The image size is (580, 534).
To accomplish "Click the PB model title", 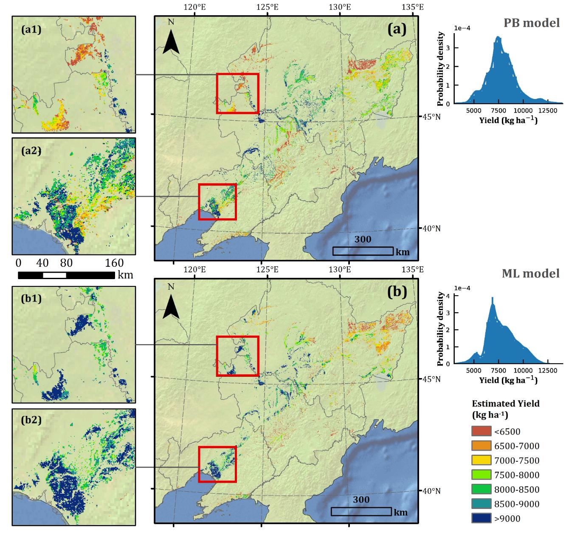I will (532, 23).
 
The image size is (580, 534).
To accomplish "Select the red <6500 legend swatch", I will (481, 431).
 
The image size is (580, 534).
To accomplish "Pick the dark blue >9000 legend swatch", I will (481, 518).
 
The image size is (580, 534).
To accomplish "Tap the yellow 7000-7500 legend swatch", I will (481, 460).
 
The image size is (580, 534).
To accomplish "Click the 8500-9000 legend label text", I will (517, 504).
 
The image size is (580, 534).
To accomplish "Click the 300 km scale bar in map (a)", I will (363, 251).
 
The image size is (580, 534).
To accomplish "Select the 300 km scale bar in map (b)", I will (361, 511).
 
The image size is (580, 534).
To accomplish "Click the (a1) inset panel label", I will (31, 30).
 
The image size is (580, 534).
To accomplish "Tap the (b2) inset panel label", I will (31, 420).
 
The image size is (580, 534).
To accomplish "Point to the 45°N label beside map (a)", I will (430, 116).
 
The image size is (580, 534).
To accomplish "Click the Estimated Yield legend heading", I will (505, 408).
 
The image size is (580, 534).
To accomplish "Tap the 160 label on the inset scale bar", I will (114, 263).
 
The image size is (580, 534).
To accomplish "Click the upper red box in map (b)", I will (237, 356).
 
